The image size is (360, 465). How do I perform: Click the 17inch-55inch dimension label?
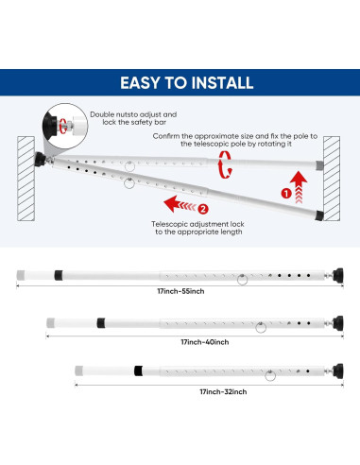tap(180, 292)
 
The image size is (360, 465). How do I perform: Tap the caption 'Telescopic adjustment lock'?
tap(200, 223)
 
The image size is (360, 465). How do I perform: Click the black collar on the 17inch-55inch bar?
tap(58, 276)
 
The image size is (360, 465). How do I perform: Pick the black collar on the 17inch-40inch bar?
tap(99, 323)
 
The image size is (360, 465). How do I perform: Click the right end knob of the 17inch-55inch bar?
tap(335, 276)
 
